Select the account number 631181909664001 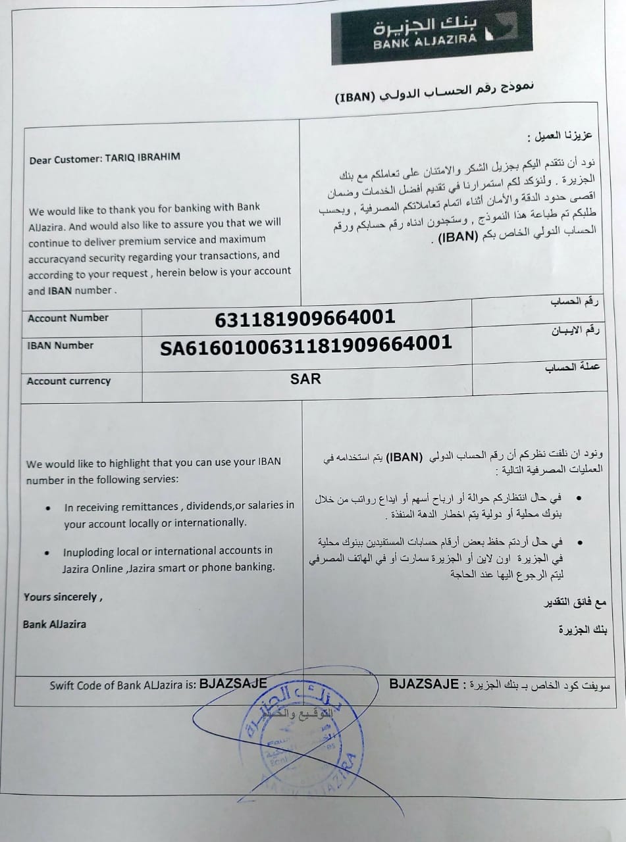pyautogui.click(x=305, y=318)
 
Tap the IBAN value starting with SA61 pyautogui.click(x=306, y=343)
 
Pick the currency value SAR pyautogui.click(x=305, y=379)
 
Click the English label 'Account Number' pyautogui.click(x=68, y=318)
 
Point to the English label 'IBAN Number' pyautogui.click(x=61, y=345)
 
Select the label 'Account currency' pyautogui.click(x=68, y=381)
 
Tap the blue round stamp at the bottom pyautogui.click(x=300, y=743)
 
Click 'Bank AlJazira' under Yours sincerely pyautogui.click(x=54, y=624)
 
